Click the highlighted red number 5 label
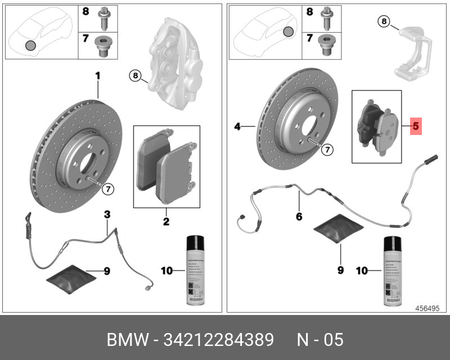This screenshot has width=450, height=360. pyautogui.click(x=416, y=127)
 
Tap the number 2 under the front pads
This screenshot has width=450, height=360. pyautogui.click(x=166, y=222)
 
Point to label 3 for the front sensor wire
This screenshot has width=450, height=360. pyautogui.click(x=106, y=214)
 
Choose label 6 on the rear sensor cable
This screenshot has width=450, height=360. pyautogui.click(x=299, y=216)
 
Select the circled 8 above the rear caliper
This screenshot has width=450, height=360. pyautogui.click(x=383, y=22)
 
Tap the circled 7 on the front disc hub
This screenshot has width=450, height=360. pyautogui.click(x=108, y=190)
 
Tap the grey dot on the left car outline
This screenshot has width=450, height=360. pyautogui.click(x=31, y=45)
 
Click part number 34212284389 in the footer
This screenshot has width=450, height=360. pyautogui.click(x=219, y=340)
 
